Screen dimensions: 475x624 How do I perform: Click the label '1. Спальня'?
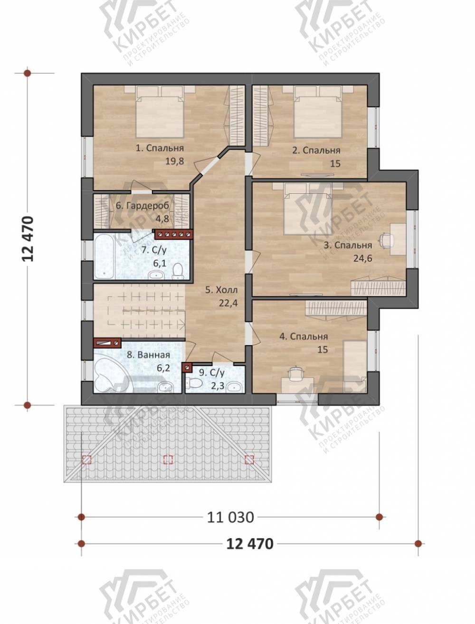(160, 148)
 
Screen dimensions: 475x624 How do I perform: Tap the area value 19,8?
(174, 161)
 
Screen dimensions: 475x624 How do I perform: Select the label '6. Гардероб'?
(142, 205)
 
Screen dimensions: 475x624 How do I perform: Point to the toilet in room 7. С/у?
(178, 271)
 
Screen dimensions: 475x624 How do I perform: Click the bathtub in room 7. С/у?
(104, 256)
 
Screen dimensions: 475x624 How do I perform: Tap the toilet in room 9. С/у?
(194, 383)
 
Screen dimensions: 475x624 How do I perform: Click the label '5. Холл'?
(221, 290)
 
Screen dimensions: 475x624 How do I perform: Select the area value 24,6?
(363, 258)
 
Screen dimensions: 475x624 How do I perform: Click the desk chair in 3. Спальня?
(385, 239)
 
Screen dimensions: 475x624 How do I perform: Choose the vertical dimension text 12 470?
(28, 239)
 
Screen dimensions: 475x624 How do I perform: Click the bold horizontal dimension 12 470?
(250, 544)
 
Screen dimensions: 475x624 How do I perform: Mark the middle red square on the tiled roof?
(168, 459)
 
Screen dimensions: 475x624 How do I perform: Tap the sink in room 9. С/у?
(235, 387)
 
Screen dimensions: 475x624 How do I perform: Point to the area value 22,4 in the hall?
(228, 303)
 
